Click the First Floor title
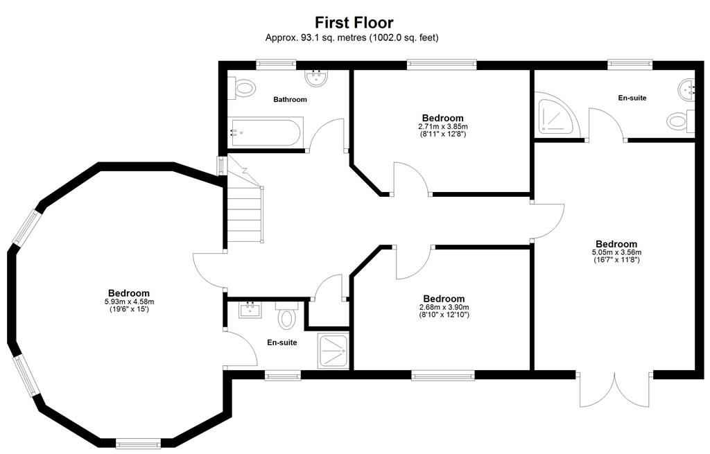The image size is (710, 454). point(354,22)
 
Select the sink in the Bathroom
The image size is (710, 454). point(316,78)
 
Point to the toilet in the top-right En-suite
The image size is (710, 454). point(681,121)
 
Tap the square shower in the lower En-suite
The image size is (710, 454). point(334,351)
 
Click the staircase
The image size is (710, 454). point(245,199)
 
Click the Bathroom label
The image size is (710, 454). point(290,100)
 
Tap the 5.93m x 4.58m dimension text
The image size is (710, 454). point(128,302)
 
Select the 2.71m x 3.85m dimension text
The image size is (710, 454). point(443,127)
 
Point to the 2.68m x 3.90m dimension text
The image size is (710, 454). point(444,307)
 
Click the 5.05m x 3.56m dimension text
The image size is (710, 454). point(616,252)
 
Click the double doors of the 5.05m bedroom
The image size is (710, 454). point(615,390)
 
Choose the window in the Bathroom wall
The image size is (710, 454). point(276,64)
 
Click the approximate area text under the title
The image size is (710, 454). point(352,38)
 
